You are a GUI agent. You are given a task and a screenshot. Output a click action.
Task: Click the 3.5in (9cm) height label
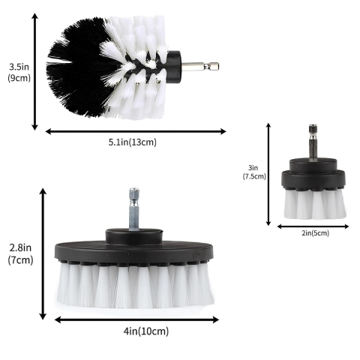19,73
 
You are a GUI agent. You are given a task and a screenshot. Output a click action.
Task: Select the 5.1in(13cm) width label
133,142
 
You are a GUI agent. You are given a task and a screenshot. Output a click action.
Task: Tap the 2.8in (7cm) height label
20,254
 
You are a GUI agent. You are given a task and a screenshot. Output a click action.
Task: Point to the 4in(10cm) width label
146,331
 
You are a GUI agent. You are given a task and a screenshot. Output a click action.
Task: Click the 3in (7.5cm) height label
254,172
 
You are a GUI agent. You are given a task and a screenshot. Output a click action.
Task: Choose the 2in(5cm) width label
315,233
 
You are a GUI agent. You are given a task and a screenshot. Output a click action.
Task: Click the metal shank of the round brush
200,66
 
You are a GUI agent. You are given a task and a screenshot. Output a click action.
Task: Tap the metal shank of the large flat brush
134,208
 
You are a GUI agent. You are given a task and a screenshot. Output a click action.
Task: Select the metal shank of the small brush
313,142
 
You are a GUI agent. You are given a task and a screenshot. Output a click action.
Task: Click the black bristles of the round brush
77,67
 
